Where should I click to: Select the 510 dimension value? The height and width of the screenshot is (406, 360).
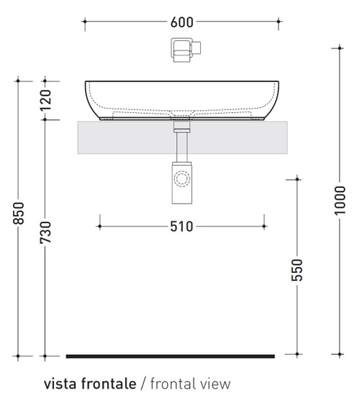[x=182, y=227]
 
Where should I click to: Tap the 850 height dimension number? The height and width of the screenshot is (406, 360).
[x=19, y=217]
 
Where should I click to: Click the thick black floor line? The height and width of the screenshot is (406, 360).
[x=170, y=356]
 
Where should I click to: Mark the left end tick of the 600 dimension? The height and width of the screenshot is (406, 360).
[x=85, y=22]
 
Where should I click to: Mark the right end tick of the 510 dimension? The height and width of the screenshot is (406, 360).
[x=265, y=227]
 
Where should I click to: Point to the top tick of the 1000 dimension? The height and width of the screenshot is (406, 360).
[x=340, y=48]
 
